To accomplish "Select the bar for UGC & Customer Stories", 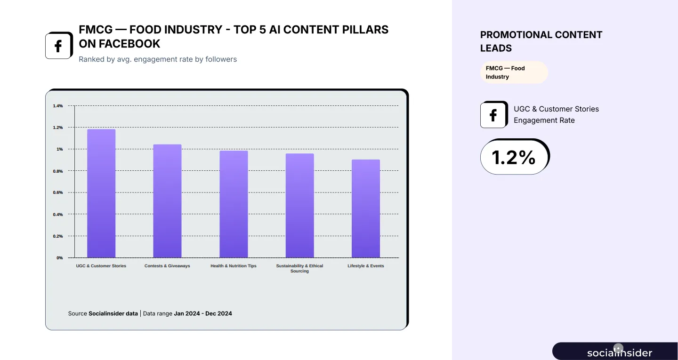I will coord(101,193).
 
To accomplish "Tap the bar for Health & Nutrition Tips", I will coord(234,204).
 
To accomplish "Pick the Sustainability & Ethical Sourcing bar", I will coord(299,206).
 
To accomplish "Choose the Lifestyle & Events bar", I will coord(366,208).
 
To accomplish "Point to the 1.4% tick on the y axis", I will coord(58,106).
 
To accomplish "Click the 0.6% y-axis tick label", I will coord(58,192).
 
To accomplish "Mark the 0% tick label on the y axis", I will coord(60,258).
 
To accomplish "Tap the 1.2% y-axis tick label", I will coord(58,128).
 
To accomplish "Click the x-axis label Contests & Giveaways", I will coord(167,266).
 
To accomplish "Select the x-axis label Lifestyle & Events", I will coord(366,266).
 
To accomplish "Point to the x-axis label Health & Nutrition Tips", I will coord(234,266).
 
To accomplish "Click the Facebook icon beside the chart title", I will coord(58,46).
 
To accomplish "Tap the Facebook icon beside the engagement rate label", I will coord(493,115).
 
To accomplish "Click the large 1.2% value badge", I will coord(514,157).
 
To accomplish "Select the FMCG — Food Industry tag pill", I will coord(514,72).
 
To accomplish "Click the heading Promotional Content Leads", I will coord(541,41).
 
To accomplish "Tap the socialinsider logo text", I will coord(620,352).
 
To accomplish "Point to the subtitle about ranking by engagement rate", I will coord(158,59).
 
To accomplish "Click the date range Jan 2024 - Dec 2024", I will coord(203,313).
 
